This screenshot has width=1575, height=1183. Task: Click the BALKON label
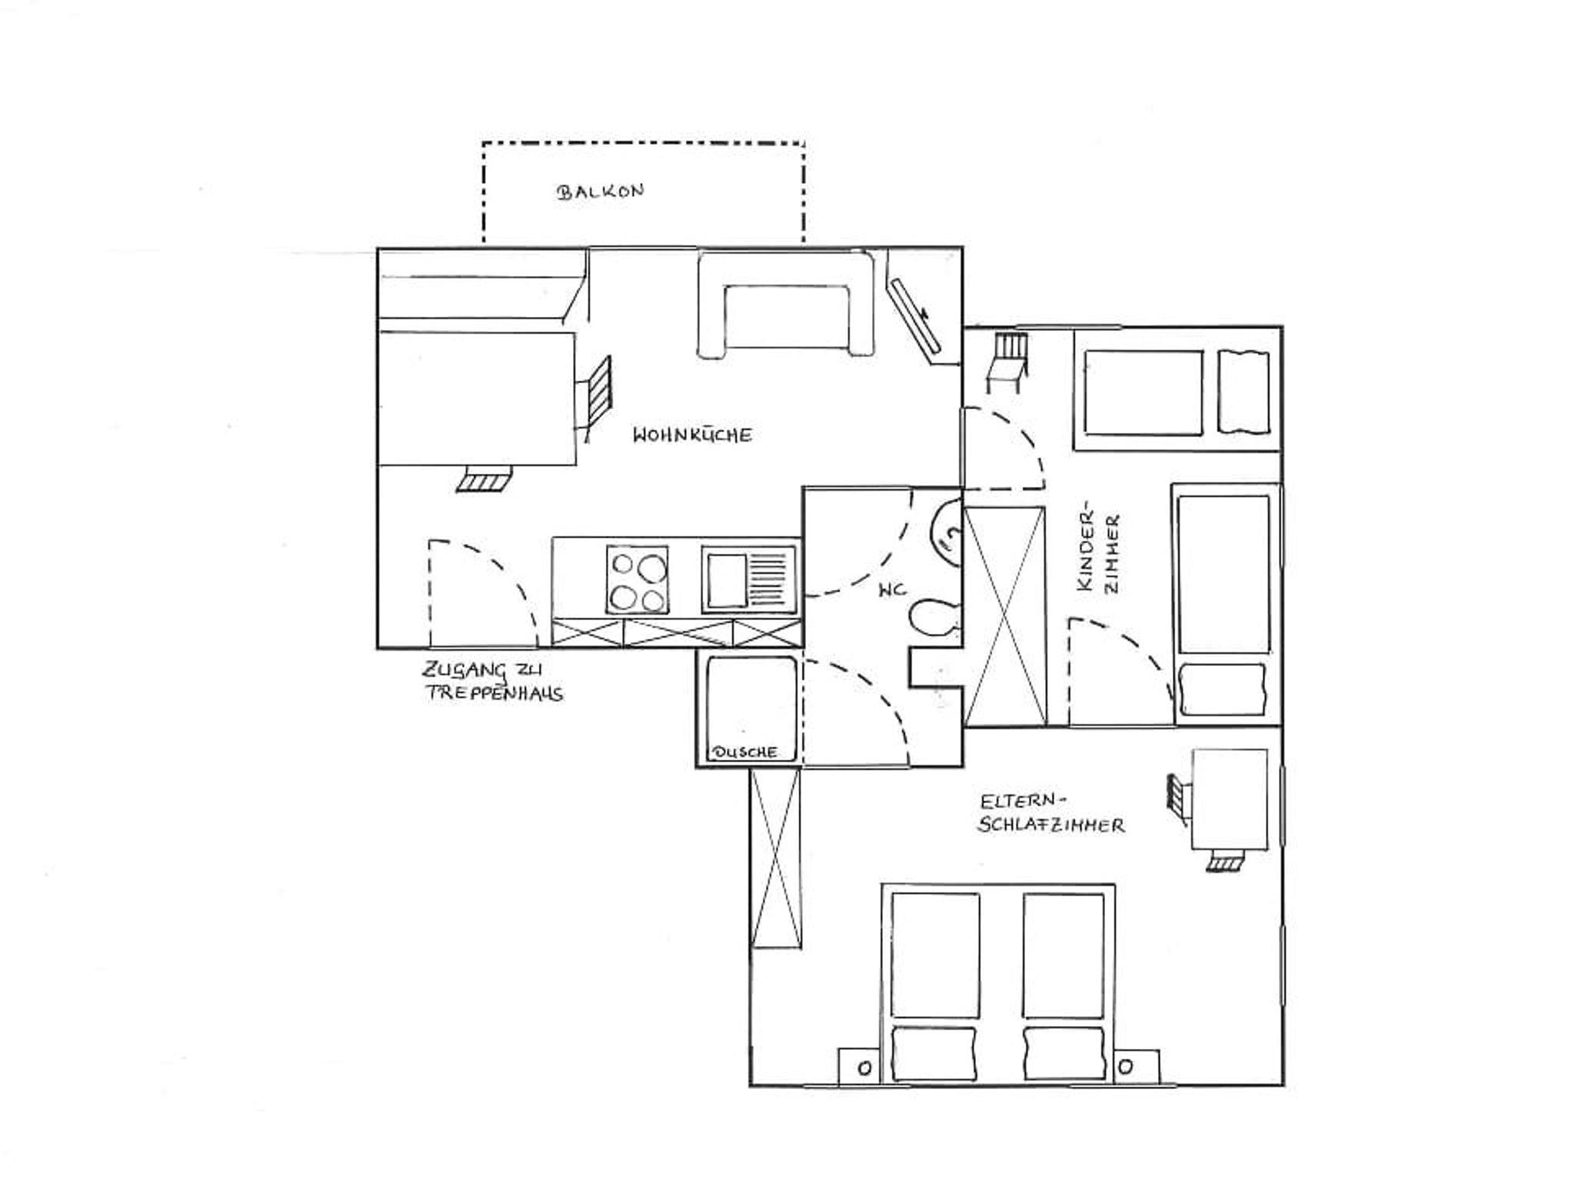pyautogui.click(x=601, y=191)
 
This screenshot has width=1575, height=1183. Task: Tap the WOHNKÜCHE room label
pyautogui.click(x=692, y=435)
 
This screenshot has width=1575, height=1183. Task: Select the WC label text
pyautogui.click(x=892, y=590)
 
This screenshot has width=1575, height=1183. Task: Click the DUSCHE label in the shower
pyautogui.click(x=746, y=752)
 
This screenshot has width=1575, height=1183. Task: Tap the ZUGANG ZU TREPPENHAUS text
pyautogui.click(x=494, y=681)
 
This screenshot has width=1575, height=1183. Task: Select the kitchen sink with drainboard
pyautogui.click(x=748, y=579)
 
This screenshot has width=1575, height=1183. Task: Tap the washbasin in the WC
pyautogui.click(x=945, y=532)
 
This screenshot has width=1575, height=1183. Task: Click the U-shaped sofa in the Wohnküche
pyautogui.click(x=786, y=305)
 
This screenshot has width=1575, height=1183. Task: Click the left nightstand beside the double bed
pyautogui.click(x=862, y=1068)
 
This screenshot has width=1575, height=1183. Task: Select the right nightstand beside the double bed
pyautogui.click(x=1136, y=1068)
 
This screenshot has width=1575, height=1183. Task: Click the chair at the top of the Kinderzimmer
pyautogui.click(x=1007, y=362)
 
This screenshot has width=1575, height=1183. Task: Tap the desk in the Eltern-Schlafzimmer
pyautogui.click(x=1229, y=800)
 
